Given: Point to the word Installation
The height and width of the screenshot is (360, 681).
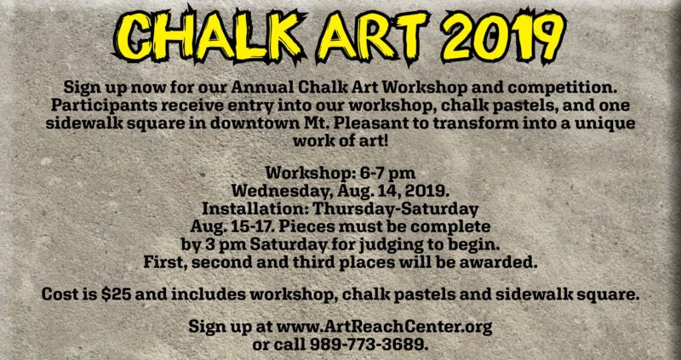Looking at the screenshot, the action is (255, 209).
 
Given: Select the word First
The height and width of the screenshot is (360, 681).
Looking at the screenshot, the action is (163, 262).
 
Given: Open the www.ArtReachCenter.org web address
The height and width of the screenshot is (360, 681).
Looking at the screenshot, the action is (385, 326).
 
